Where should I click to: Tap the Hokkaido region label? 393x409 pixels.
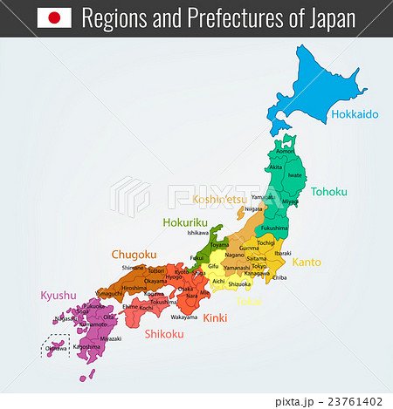(354, 114)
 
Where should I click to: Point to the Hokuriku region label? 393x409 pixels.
(186, 222)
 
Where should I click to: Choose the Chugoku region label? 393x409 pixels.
(134, 254)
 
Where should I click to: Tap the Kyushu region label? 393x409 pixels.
(59, 296)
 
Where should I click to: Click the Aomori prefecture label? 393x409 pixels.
(286, 151)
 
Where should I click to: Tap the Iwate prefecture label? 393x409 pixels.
(295, 174)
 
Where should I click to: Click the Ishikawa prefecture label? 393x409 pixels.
(198, 233)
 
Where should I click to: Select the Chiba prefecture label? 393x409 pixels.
(280, 277)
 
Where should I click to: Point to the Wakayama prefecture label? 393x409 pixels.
(183, 317)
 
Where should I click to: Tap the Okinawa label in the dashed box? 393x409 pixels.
(55, 348)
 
